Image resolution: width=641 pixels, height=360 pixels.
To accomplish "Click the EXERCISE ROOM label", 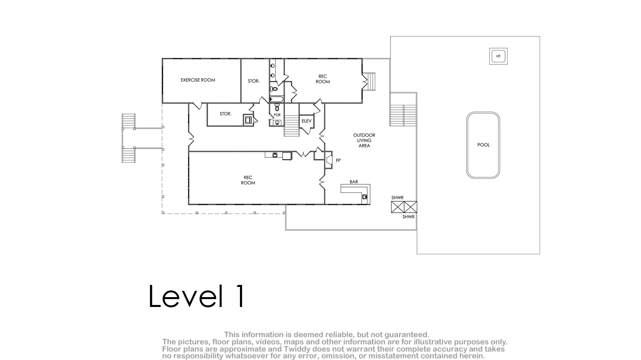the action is point(198,80).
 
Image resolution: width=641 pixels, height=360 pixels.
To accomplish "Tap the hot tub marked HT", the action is point(498,56).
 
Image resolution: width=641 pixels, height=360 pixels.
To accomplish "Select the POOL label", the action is point(483,145).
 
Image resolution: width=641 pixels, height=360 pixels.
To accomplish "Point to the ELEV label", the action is point(306,121).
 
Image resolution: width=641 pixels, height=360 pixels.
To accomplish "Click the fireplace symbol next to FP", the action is point(328,160).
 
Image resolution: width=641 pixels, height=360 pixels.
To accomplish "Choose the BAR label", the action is point(354,182).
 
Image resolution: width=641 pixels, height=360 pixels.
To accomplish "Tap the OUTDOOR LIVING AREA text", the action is point(364,140).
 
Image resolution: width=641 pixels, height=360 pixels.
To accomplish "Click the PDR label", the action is point(277,115).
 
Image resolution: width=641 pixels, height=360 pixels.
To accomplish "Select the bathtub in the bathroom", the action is point(277,99).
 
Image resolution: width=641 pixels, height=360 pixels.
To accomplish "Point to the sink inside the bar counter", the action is point(364,197).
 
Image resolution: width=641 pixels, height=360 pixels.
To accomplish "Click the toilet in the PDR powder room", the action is point(277,107).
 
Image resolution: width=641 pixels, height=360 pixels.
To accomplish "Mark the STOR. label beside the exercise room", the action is point(254,81).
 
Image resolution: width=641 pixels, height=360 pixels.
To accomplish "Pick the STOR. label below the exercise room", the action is point(225,114).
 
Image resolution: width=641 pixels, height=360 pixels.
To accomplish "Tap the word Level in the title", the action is point(186,296).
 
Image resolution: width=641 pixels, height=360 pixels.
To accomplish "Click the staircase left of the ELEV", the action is point(291,125).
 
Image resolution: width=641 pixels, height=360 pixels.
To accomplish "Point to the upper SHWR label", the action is point(397,198).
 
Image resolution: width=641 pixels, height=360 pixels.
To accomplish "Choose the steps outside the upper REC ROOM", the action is point(371,82).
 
